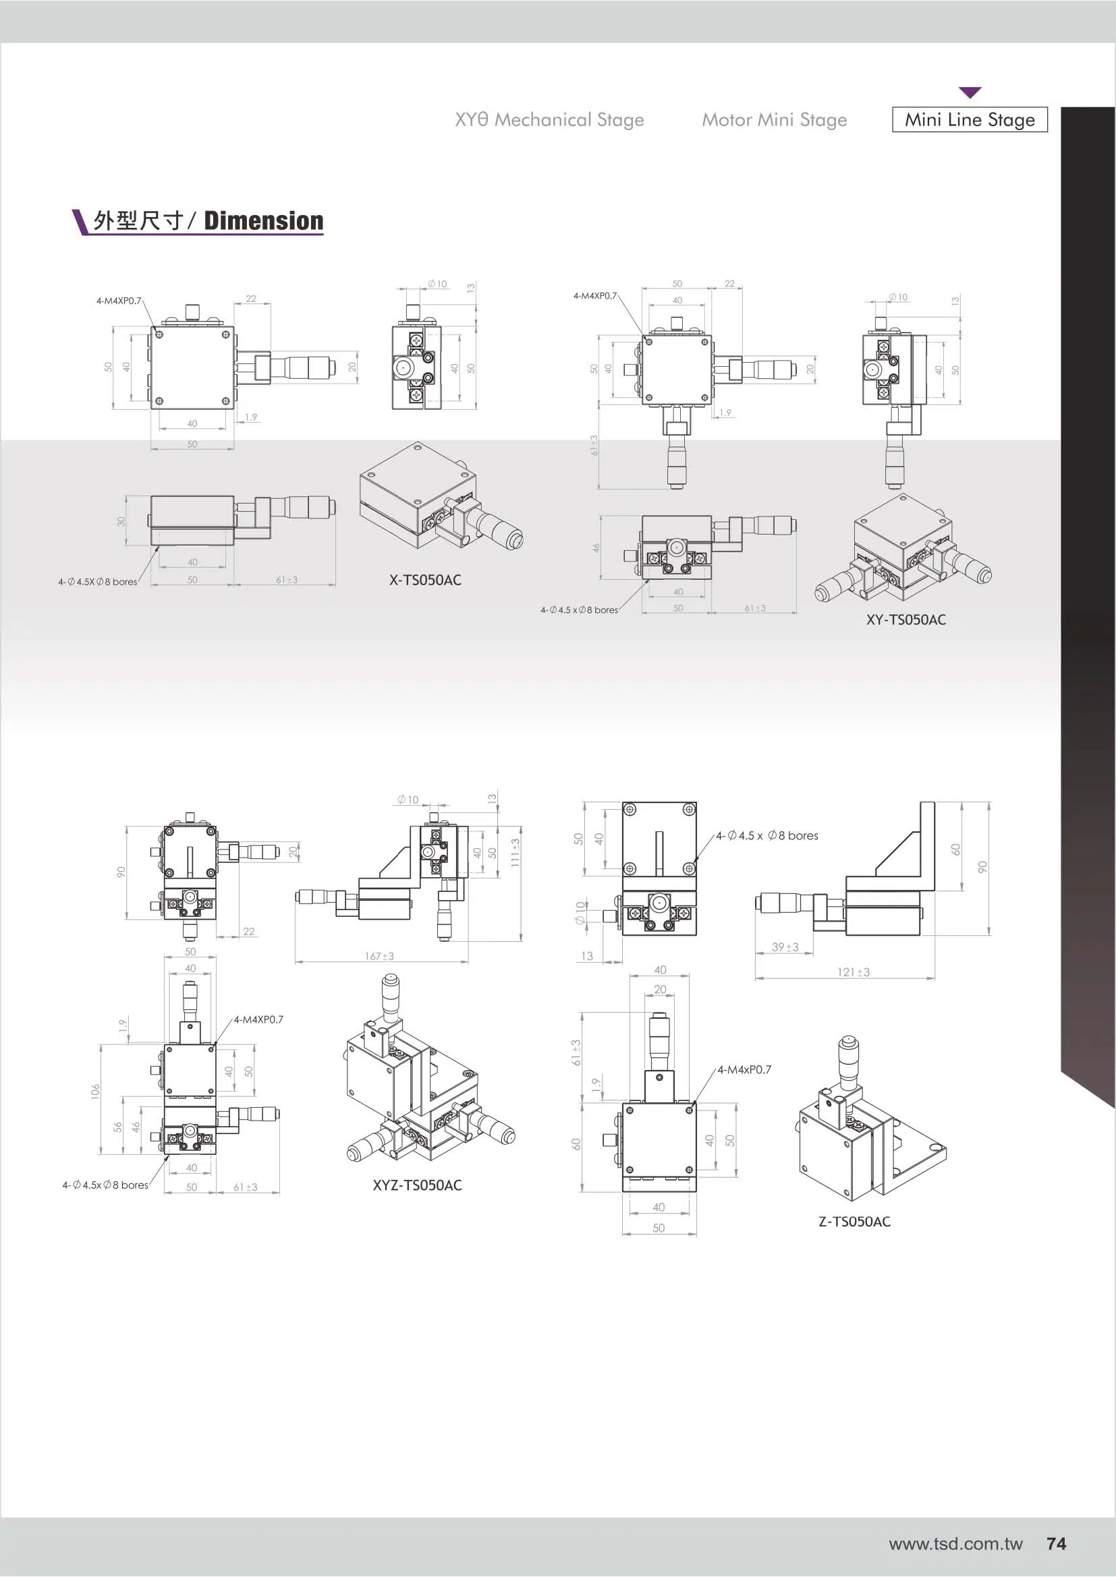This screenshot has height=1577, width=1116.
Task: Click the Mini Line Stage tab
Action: tap(969, 119)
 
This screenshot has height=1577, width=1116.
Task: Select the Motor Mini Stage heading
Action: tap(774, 120)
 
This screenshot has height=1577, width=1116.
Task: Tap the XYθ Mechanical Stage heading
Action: tap(549, 120)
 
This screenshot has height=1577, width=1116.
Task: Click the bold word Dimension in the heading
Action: tap(264, 221)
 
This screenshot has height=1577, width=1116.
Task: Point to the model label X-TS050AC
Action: tap(425, 580)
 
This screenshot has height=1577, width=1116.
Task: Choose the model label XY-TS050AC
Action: tap(905, 620)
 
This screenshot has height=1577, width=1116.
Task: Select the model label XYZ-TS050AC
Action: tap(417, 1185)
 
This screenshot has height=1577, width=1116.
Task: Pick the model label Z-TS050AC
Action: tap(854, 1221)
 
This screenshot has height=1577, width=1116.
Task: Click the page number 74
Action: tap(1056, 1543)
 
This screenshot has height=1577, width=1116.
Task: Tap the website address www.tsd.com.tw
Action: tap(955, 1544)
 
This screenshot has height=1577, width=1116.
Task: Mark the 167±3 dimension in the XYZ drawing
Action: tap(379, 956)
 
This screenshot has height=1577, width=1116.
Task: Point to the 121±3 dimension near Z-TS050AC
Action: tap(854, 972)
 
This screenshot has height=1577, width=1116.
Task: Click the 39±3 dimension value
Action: tap(785, 947)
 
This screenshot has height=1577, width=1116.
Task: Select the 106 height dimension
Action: tap(96, 1091)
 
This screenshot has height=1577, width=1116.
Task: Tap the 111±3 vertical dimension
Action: tap(515, 852)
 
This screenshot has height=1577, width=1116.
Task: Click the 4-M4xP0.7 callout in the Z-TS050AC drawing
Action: tap(744, 1069)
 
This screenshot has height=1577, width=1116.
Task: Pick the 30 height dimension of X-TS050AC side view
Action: tap(121, 521)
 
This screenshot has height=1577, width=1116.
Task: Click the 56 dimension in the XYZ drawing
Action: tap(118, 1127)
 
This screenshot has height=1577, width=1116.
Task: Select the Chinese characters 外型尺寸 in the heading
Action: tap(138, 221)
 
